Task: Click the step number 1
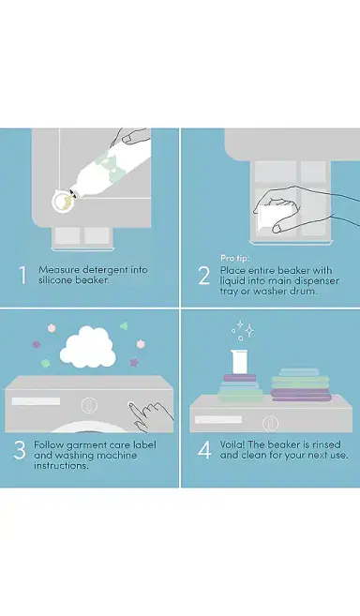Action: point(22,275)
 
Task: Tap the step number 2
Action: point(204,276)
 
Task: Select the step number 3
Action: point(20,450)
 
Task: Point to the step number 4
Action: point(204,450)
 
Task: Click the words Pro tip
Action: point(235,258)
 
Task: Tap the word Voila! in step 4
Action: point(232,444)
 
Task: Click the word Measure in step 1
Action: point(59,270)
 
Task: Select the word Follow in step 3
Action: point(49,445)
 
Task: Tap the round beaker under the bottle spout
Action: point(63,201)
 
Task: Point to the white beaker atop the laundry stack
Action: point(239,362)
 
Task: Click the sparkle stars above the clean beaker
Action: point(242,330)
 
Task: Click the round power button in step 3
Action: point(89,405)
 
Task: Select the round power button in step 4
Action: point(270,423)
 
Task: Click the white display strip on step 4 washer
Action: point(218,419)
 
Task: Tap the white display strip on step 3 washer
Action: point(36,401)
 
